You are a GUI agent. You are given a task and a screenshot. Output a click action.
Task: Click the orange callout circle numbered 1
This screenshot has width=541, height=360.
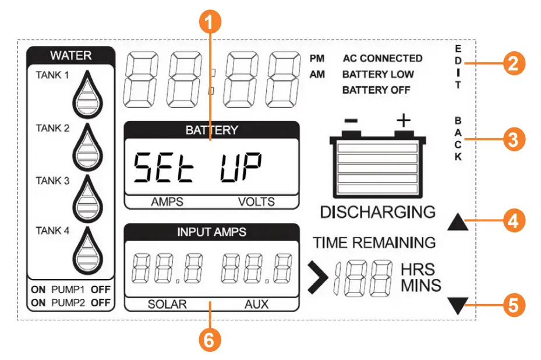(x=212, y=23)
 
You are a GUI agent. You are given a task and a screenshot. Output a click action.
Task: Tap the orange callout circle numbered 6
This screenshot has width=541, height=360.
(x=212, y=340)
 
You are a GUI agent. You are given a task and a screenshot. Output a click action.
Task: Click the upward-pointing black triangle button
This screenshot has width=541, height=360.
(x=459, y=221)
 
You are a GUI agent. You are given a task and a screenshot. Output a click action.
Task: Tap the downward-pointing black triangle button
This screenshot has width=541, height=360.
(x=459, y=305)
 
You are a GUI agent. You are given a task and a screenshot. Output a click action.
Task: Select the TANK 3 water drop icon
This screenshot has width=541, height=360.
(x=88, y=198)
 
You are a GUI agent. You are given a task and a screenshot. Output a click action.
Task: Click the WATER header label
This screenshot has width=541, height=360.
(x=70, y=56)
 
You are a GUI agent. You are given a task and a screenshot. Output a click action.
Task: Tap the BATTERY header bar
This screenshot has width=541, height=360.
(x=211, y=130)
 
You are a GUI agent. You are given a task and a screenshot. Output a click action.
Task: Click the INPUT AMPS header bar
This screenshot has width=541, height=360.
(x=211, y=232)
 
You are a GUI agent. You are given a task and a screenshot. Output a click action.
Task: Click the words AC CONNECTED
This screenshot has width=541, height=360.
(x=382, y=58)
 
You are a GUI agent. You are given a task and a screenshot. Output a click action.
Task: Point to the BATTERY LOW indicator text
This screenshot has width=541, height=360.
(x=378, y=74)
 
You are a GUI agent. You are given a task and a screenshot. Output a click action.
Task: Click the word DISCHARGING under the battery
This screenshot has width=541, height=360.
(x=377, y=211)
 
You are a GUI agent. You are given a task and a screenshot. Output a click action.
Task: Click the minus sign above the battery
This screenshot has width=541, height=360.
(x=351, y=121)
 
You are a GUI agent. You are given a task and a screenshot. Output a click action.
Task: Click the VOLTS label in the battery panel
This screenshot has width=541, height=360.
(x=256, y=202)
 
